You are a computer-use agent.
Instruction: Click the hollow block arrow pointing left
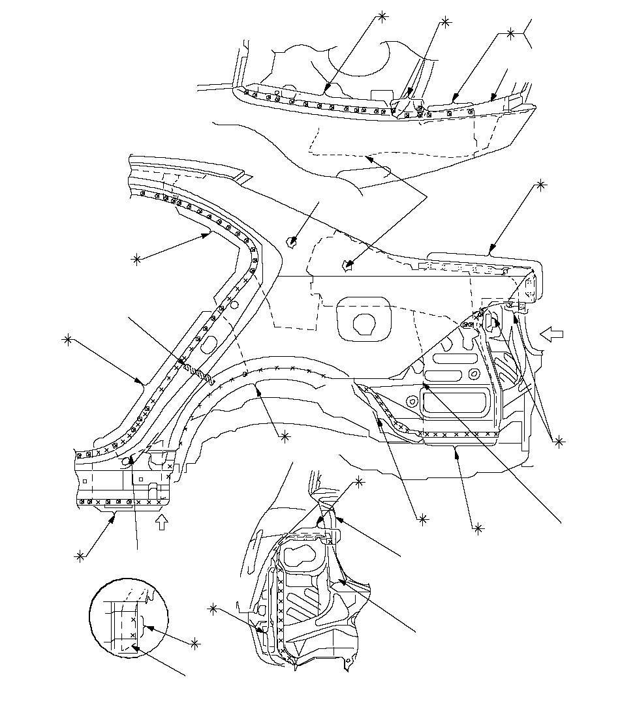tap(551, 335)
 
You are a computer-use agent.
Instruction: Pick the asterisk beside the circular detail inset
tap(196, 644)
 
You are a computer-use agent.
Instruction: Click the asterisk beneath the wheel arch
tap(284, 437)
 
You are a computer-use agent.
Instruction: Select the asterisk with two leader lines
tap(559, 442)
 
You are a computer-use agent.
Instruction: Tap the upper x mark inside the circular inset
tap(133, 619)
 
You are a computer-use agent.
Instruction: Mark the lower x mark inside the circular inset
tap(133, 635)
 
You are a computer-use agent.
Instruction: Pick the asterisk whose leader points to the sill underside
tap(80, 556)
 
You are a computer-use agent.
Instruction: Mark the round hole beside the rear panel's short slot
tap(475, 373)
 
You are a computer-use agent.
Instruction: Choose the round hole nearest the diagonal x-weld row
tap(411, 400)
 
